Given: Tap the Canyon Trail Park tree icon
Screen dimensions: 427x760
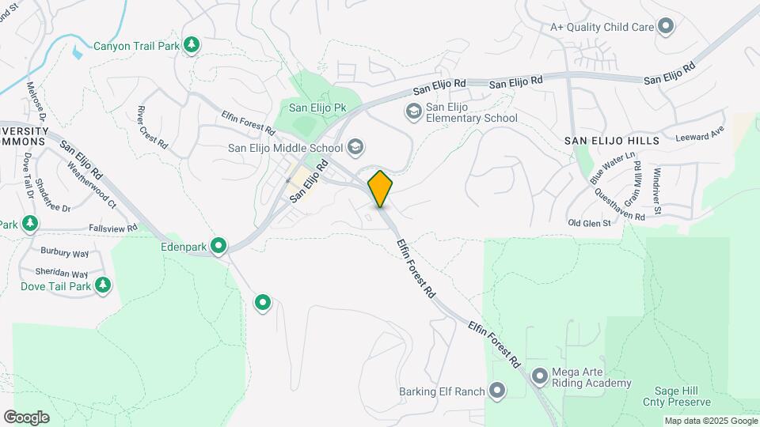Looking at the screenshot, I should click(x=191, y=46).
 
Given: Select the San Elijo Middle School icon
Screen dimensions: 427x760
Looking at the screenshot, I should click(x=355, y=146).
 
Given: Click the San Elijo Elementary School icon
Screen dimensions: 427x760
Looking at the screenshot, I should click(x=413, y=112).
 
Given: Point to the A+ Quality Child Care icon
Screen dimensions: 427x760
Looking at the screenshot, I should click(x=666, y=27).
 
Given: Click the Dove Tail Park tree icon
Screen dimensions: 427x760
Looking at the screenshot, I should click(x=102, y=285).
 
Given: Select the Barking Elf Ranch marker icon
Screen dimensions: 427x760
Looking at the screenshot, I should click(x=497, y=390).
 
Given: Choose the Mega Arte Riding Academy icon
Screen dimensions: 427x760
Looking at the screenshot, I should click(x=540, y=376).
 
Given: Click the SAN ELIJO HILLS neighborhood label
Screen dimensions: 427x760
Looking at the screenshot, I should click(x=611, y=140).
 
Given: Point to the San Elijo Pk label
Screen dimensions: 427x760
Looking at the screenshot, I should click(x=317, y=108).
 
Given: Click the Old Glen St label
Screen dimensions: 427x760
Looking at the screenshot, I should click(x=590, y=223).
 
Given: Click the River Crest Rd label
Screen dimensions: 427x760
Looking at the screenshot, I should click(x=152, y=127).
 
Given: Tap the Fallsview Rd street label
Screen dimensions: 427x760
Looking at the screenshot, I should click(x=113, y=227).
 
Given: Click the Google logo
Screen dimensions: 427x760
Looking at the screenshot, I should click(x=26, y=418).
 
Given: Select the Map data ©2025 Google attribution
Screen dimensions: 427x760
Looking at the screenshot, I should click(x=709, y=421).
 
